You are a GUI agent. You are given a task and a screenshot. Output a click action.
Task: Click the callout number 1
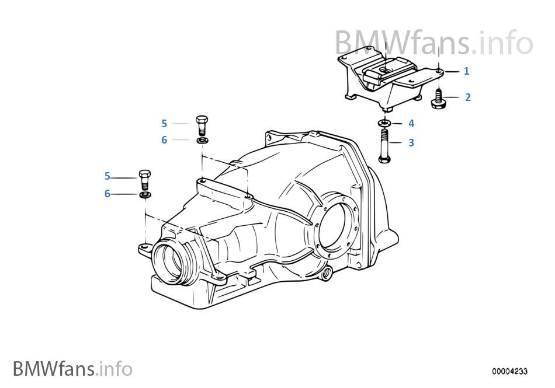click(x=466, y=71)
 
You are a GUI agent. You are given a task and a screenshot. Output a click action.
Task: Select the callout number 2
click(x=467, y=97)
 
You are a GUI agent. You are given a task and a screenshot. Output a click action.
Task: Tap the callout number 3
click(x=411, y=143)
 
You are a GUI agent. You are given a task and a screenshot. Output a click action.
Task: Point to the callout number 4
click(x=411, y=124)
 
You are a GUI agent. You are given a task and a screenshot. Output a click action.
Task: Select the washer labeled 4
click(x=384, y=123)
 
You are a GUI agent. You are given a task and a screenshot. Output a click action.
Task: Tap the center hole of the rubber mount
click(x=386, y=69)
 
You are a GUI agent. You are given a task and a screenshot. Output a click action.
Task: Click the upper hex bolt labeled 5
click(x=202, y=124)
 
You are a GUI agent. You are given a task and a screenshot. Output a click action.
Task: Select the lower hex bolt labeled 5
click(x=145, y=178)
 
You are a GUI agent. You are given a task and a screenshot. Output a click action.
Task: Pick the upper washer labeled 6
click(x=202, y=141)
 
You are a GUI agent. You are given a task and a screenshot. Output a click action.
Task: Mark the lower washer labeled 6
click(x=145, y=194)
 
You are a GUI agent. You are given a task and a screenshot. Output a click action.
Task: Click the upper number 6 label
click(x=164, y=140)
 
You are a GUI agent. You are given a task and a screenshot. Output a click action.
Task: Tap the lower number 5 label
click(x=107, y=176)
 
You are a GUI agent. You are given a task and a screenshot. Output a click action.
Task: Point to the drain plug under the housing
click(x=326, y=272)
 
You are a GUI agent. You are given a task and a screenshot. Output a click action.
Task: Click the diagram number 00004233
click(x=509, y=371)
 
